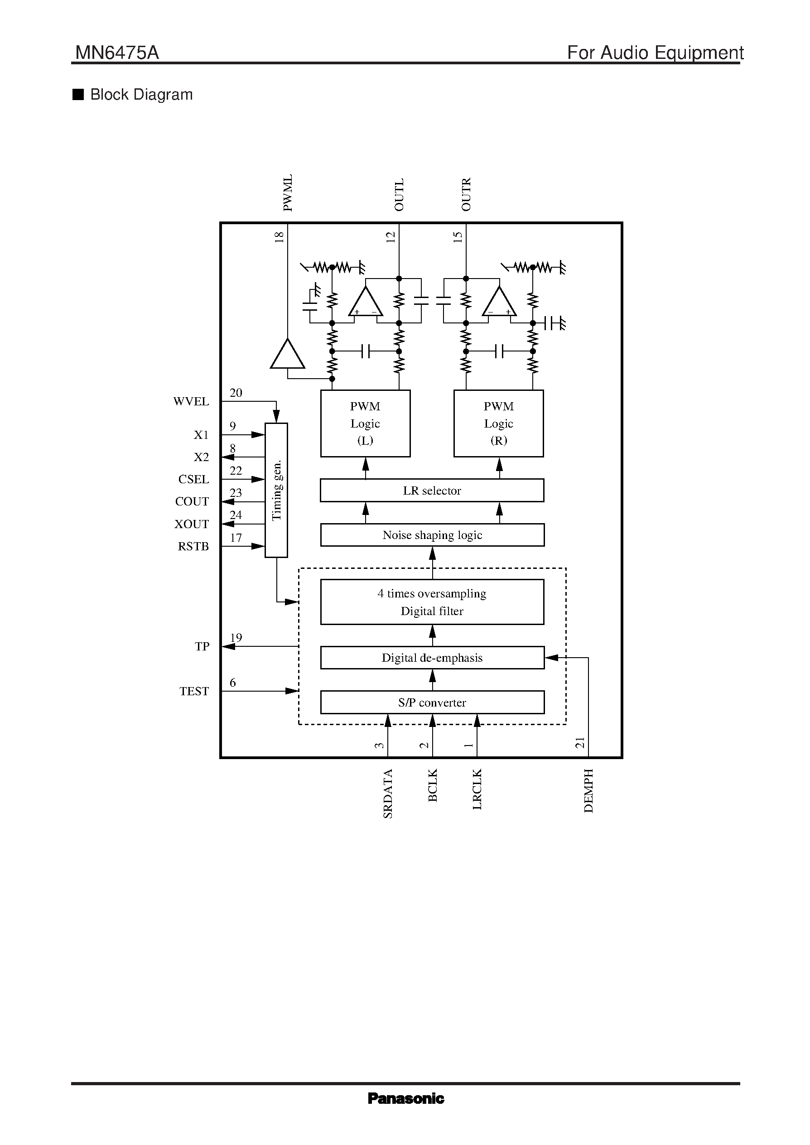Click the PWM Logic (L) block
pos(365,423)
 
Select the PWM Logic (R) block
pos(498,423)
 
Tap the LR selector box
pos(432,490)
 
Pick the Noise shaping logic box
pos(432,534)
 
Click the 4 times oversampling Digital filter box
pos(432,601)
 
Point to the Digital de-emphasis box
pos(432,657)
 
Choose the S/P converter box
pos(432,702)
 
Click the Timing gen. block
pos(276,490)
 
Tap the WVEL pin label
pos(191,401)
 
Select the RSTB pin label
pos(193,546)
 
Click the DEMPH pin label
pos(588,790)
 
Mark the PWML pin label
pos(288,193)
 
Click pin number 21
pos(579,742)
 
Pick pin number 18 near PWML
pos(280,237)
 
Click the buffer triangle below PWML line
pos(287,355)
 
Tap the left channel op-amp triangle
pos(366,302)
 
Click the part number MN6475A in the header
pos(117,53)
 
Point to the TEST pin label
pos(194,691)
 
